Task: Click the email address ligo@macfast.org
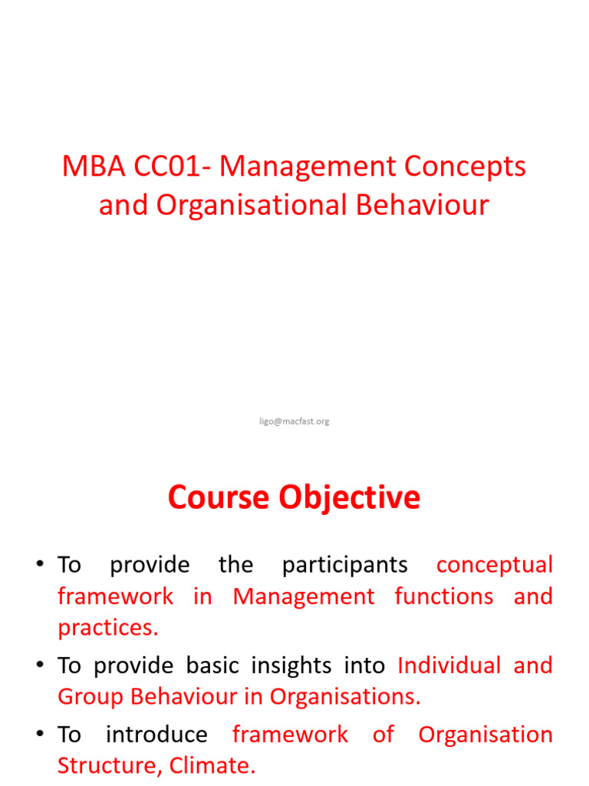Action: coord(294,421)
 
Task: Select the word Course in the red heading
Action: coord(219,497)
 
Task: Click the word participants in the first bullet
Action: coord(344,565)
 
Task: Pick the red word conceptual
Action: coord(494,565)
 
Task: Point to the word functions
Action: coord(444,596)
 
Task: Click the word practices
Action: coord(107,628)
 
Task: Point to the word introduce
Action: coord(156,735)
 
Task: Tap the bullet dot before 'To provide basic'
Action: coord(39,666)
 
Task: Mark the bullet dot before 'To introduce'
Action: coord(39,735)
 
